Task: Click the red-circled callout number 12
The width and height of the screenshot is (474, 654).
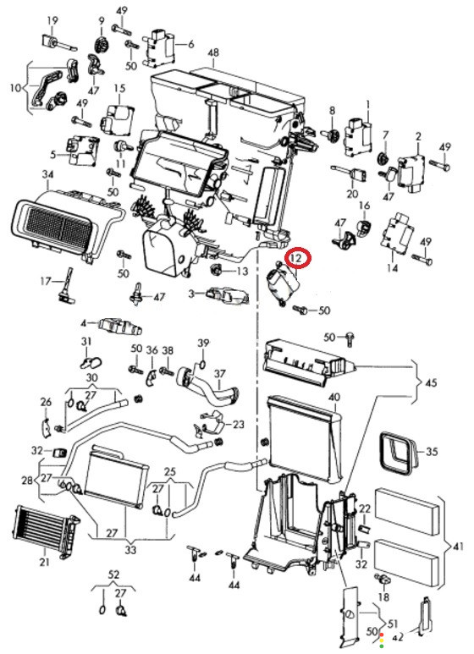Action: (296, 258)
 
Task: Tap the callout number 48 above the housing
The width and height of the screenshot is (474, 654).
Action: (212, 53)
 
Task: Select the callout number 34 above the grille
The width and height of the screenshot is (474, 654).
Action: (48, 174)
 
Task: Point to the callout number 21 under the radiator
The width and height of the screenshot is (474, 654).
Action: (44, 562)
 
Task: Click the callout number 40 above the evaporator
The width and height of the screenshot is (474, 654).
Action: (334, 397)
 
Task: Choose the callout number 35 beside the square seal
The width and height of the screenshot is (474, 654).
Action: (432, 451)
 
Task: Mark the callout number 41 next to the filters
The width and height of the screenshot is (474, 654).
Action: (458, 546)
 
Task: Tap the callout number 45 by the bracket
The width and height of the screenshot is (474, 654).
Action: (431, 382)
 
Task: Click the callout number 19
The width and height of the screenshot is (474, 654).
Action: (52, 20)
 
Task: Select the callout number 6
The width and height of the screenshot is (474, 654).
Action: (191, 44)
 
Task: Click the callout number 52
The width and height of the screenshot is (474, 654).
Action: (113, 574)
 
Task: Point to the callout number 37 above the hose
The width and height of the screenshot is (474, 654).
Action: (220, 373)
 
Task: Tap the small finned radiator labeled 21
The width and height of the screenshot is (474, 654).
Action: (47, 531)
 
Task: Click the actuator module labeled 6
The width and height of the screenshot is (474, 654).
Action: (161, 48)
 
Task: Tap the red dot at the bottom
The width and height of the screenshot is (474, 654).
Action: (382, 635)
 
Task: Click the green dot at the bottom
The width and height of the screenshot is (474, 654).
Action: (382, 646)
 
